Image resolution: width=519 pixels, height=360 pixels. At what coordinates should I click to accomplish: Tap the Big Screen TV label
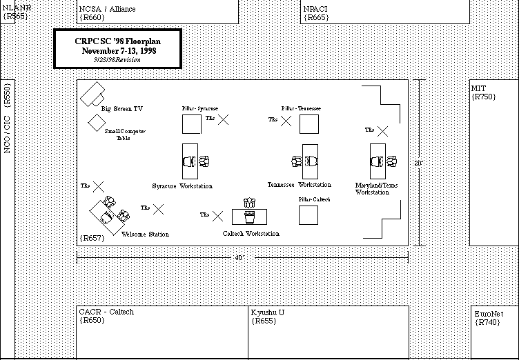tap(122, 109)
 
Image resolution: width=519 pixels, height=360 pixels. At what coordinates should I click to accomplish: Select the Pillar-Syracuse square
tap(192, 125)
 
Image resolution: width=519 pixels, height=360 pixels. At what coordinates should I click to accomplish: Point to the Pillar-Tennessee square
tap(309, 125)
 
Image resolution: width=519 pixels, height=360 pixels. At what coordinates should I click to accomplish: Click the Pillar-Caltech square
tap(309, 214)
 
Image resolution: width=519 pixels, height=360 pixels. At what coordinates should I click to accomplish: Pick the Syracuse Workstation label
tap(182, 186)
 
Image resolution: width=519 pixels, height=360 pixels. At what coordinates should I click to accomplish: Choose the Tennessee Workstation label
tap(300, 185)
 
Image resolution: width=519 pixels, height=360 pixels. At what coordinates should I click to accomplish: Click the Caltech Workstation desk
tap(249, 217)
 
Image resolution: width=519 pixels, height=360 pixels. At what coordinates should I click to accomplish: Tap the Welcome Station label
tap(145, 234)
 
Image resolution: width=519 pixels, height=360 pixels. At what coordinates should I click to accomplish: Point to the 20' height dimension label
tap(418, 163)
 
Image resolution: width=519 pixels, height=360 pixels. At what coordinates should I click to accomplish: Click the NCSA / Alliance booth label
tap(108, 10)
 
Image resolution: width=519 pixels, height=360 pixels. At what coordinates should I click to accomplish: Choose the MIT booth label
tap(478, 89)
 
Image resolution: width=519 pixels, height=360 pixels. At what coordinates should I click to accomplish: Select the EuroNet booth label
tap(489, 314)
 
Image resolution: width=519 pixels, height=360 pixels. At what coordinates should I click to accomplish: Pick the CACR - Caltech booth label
tap(106, 312)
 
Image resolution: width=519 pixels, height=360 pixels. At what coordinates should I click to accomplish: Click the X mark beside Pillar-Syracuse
tap(223, 119)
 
